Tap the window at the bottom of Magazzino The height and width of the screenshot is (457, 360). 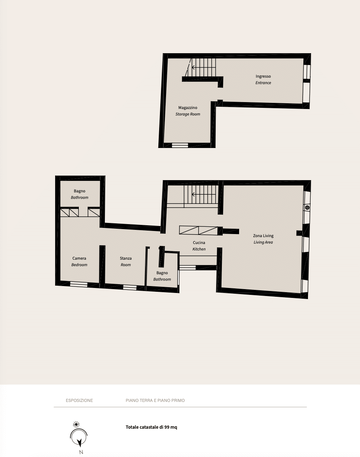[x=179, y=145]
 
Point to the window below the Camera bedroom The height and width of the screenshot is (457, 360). [x=79, y=284]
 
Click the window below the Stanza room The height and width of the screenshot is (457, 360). [x=130, y=288]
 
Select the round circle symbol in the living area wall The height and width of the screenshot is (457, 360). [x=307, y=208]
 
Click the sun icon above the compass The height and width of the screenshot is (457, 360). [x=77, y=424]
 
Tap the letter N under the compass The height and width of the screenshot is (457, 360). [x=81, y=452]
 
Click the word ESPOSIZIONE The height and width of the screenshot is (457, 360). [x=79, y=400]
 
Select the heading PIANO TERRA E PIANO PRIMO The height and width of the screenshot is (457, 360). [x=155, y=400]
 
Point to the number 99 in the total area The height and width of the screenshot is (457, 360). [x=167, y=427]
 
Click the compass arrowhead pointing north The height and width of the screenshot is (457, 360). [x=79, y=443]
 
